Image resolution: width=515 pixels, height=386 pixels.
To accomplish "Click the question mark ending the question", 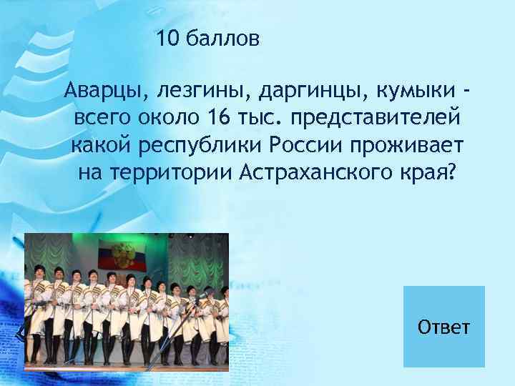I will pyautogui.click(x=448, y=172).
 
